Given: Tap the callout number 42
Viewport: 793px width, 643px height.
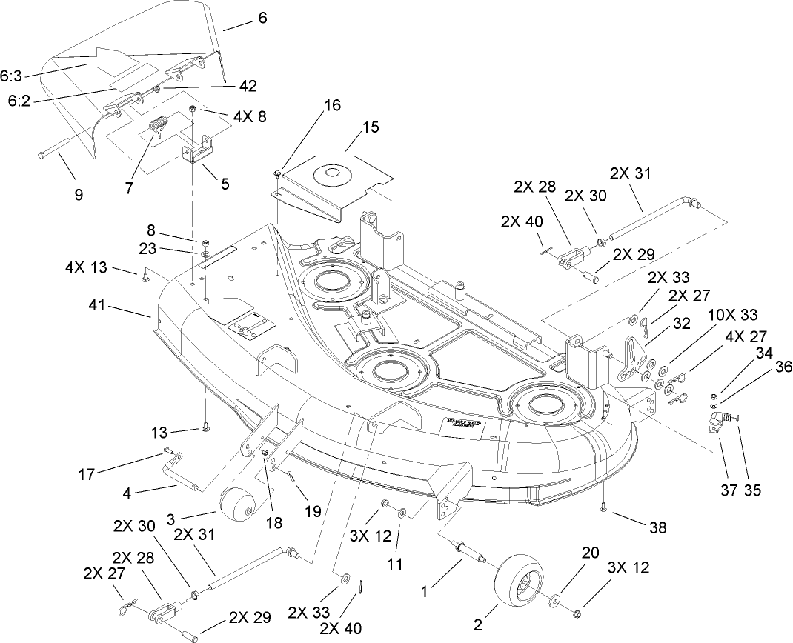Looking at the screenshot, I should point(248,86).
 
